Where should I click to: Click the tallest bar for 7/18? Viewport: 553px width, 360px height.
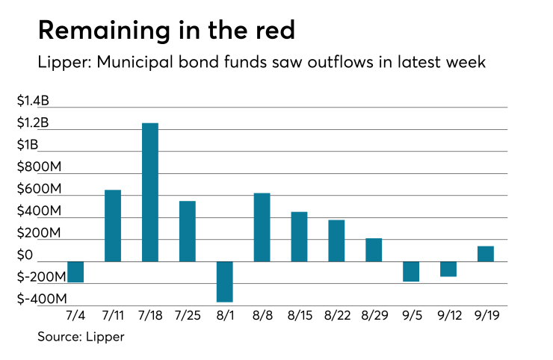[x=150, y=192]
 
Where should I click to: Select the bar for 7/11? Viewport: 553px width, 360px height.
[x=113, y=226]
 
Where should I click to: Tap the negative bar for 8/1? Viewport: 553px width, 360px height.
[x=225, y=282]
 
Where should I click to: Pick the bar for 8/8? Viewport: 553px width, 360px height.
[x=262, y=227]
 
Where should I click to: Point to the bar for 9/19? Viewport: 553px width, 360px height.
[x=486, y=254]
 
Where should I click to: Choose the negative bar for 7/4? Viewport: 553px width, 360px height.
[x=75, y=272]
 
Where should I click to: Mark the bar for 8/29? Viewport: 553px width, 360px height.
[x=374, y=250]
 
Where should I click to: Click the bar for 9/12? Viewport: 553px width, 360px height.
[x=448, y=269]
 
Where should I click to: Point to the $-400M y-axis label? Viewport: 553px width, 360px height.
[x=42, y=300]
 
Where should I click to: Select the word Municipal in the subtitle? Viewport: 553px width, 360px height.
[x=127, y=63]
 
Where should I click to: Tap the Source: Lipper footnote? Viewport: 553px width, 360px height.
[x=81, y=337]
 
